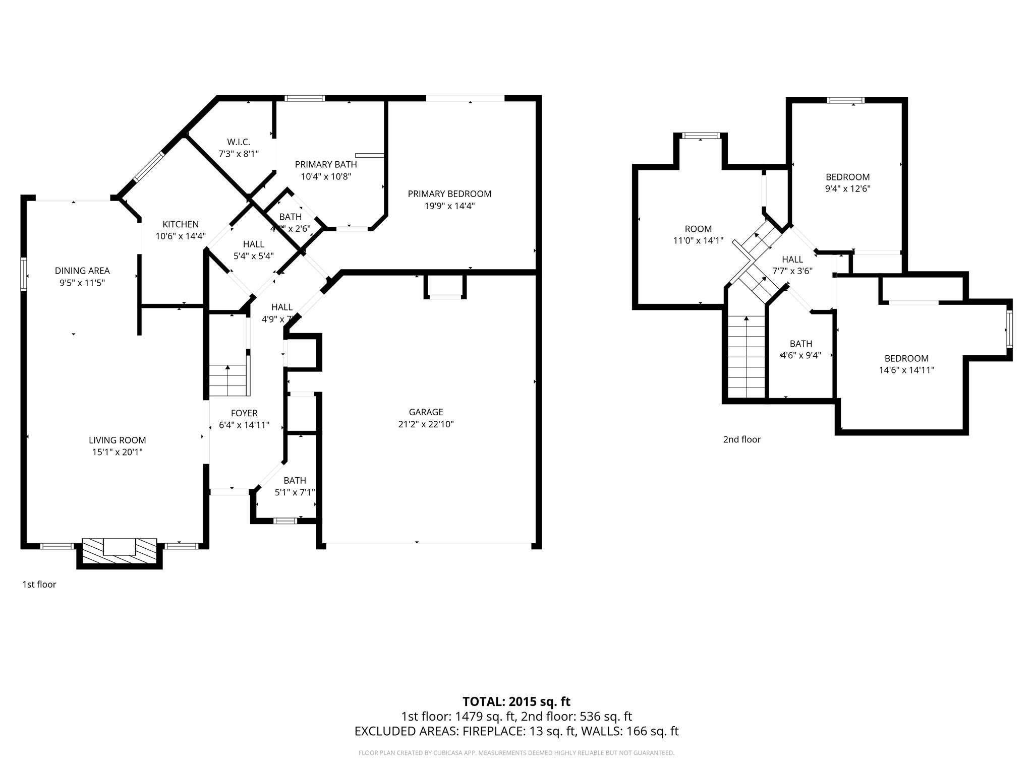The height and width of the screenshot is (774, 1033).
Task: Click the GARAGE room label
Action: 426,412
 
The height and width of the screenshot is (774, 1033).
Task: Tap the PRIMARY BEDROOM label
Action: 449,193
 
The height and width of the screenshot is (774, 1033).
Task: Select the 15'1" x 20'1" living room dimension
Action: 117,452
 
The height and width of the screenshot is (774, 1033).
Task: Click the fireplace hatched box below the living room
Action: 119,553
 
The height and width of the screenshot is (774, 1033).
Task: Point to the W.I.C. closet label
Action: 238,142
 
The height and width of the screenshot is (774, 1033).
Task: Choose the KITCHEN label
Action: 181,224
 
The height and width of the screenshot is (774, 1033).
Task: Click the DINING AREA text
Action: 82,271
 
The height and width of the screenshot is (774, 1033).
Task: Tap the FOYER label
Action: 244,413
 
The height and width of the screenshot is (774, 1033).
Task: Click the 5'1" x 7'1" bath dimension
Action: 295,492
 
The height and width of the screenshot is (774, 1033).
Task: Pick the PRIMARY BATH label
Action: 326,164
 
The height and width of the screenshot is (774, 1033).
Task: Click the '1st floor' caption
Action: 39,584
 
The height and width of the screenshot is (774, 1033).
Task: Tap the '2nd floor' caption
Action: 741,439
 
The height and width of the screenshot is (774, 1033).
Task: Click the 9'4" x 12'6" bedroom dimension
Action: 847,189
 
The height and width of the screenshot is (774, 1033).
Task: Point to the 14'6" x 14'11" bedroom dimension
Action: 906,370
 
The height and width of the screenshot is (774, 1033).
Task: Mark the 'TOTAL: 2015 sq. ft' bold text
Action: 516,701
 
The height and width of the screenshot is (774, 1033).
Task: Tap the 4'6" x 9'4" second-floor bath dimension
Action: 800,355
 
